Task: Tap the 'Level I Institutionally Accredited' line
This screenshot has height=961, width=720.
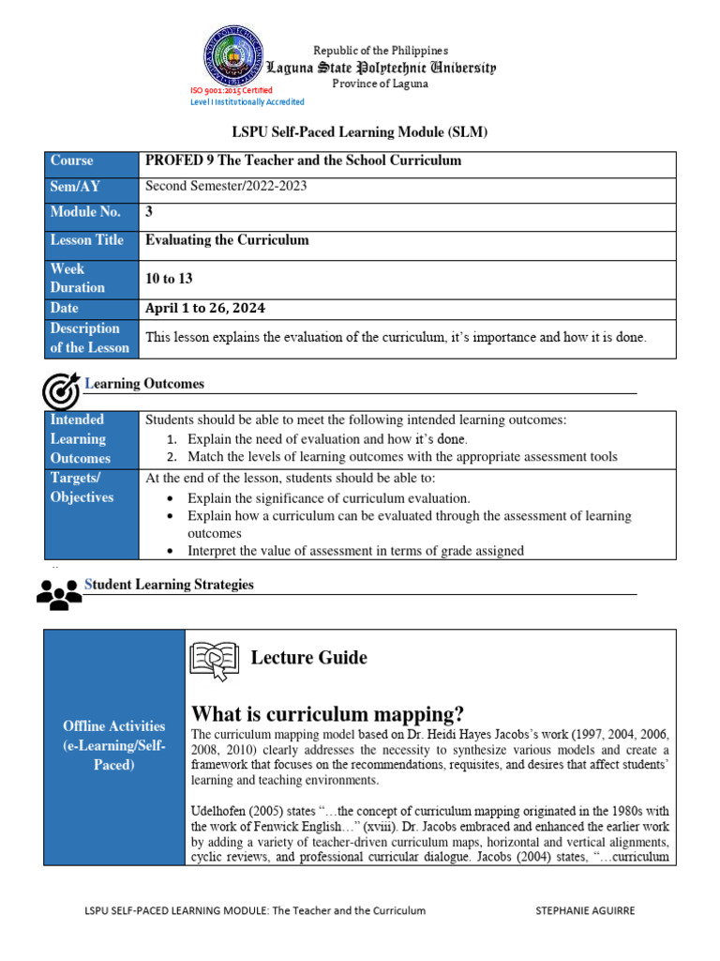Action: (x=247, y=101)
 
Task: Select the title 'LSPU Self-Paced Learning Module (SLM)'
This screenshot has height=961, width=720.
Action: (x=360, y=132)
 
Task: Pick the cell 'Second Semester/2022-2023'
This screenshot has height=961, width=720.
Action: (x=226, y=186)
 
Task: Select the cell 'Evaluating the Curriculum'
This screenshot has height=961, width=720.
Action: (x=227, y=240)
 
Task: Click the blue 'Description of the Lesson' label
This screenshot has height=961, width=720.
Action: (x=91, y=338)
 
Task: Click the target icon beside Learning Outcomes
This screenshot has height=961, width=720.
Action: (x=61, y=391)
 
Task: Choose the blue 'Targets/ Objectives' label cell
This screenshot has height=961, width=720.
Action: (x=91, y=488)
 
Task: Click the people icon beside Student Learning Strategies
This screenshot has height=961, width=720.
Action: (x=59, y=593)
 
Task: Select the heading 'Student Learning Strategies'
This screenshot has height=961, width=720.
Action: (x=170, y=585)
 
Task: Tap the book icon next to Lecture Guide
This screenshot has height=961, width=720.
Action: (x=215, y=659)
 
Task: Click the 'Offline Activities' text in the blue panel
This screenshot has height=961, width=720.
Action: (x=114, y=725)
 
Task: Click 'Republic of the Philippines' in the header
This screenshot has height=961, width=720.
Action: (x=381, y=50)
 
